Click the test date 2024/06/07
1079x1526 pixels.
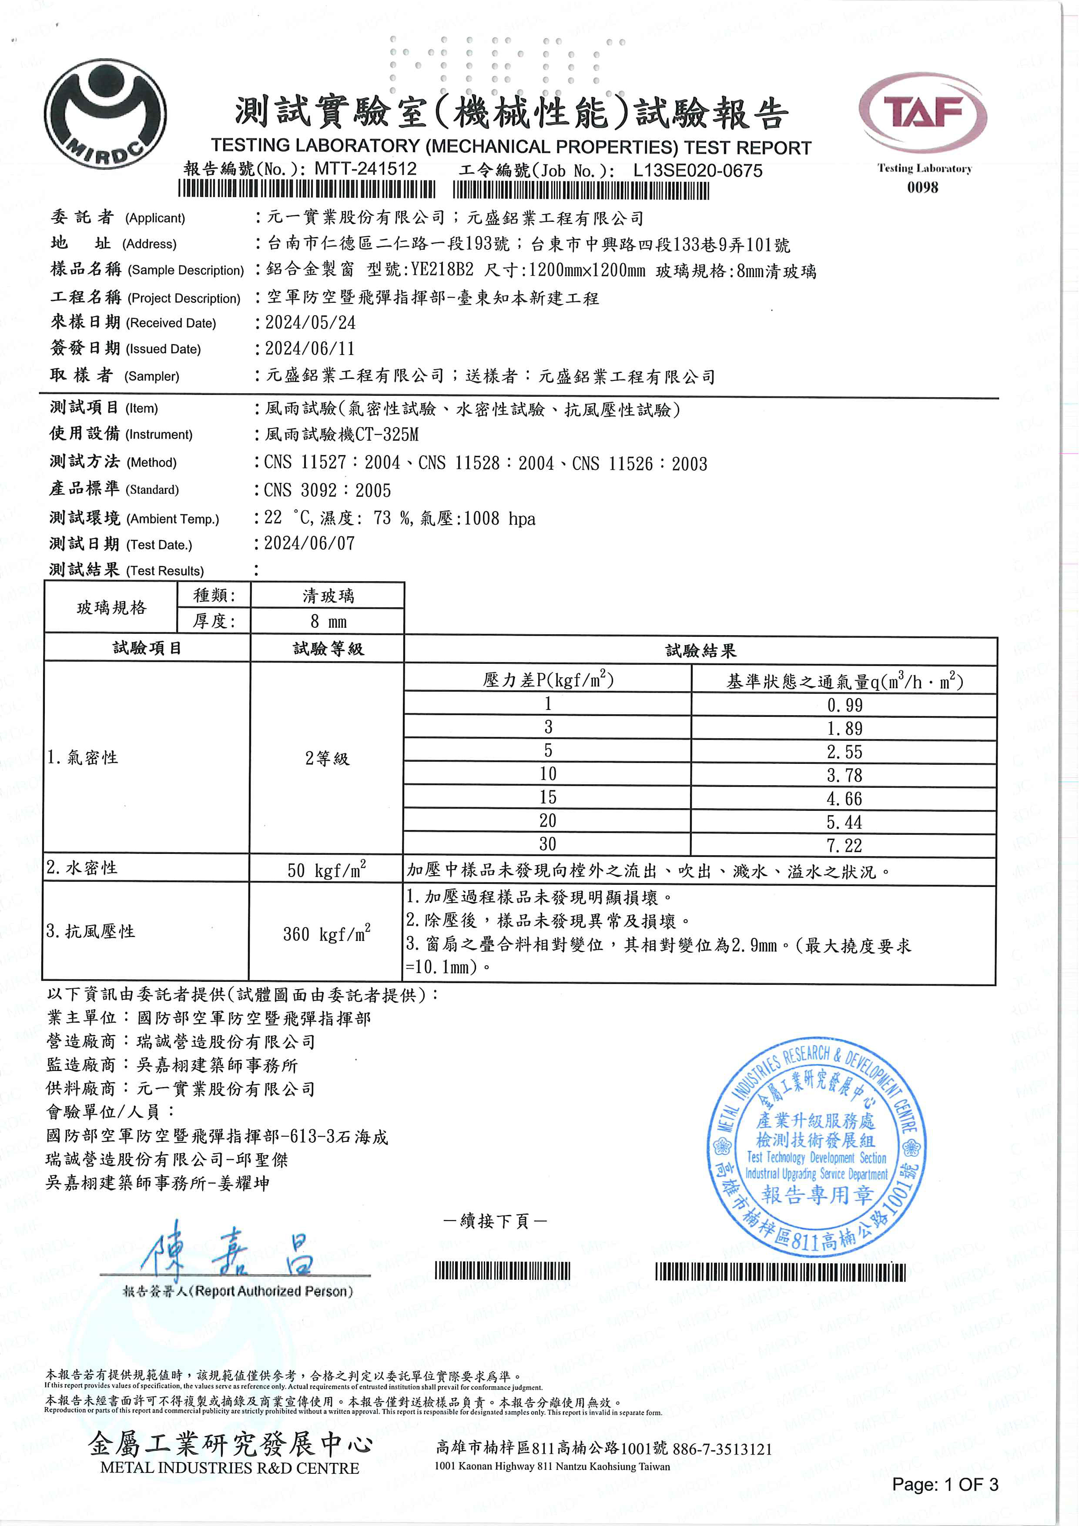pyautogui.click(x=310, y=544)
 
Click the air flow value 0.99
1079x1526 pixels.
pyautogui.click(x=844, y=705)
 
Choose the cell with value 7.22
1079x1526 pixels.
pyautogui.click(x=844, y=845)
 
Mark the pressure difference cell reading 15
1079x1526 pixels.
pyautogui.click(x=548, y=797)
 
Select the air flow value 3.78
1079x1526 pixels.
pyautogui.click(x=844, y=775)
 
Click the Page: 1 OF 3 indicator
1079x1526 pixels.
pyautogui.click(x=945, y=1485)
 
